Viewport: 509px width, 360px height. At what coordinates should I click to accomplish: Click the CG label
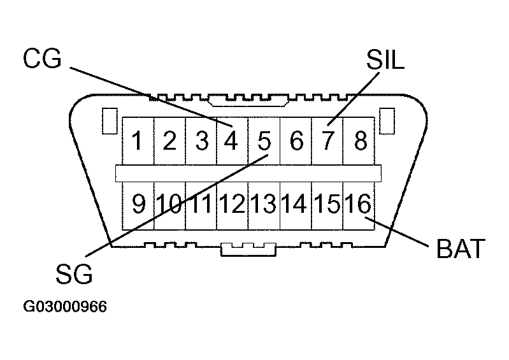42,59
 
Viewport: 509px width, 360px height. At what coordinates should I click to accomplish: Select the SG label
74,275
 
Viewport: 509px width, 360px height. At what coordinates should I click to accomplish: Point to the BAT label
461,248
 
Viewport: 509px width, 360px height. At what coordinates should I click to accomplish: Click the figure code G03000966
65,306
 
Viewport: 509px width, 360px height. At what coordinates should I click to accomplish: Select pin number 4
232,140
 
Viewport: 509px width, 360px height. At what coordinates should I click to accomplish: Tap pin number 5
264,140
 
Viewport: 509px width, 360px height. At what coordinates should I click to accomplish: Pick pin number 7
327,140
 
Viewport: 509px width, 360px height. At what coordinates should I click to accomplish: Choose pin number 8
359,140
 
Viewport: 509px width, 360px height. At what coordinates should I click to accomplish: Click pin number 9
138,205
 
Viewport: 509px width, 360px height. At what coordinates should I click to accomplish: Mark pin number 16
358,205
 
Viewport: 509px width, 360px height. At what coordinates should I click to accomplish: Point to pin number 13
263,205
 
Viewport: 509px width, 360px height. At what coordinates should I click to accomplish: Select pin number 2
169,140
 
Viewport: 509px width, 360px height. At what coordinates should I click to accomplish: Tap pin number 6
296,140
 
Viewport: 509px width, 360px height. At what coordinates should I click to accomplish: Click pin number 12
232,205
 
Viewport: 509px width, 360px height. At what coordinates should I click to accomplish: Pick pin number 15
327,205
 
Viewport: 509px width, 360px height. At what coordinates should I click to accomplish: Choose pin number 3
201,140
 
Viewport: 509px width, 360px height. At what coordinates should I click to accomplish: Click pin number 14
295,205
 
